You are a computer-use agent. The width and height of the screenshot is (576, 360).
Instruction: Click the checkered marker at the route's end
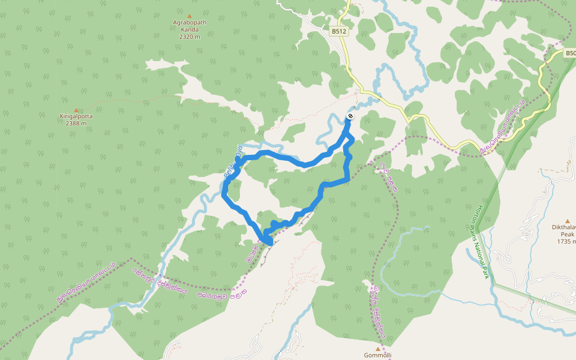[x=350, y=116]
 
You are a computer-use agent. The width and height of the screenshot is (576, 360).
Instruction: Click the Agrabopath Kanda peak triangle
[x=190, y=16]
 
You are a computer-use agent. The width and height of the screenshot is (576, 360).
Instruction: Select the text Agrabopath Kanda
[x=190, y=26]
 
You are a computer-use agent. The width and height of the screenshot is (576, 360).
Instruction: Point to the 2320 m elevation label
[x=190, y=37]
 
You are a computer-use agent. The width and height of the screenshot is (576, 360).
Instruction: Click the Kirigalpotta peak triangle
[x=76, y=110]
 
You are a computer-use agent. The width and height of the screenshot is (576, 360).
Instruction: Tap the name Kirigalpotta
[x=76, y=116]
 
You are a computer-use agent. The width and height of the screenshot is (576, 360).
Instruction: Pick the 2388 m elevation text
[x=76, y=124]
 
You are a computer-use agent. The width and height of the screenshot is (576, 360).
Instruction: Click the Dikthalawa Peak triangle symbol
[x=567, y=221]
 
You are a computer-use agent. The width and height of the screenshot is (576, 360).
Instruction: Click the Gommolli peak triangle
[x=378, y=348]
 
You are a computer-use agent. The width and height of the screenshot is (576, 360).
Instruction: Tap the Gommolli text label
[x=378, y=355]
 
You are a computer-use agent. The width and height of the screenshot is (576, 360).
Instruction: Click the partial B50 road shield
[x=570, y=53]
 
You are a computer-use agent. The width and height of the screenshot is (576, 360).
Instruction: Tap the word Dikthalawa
[x=565, y=227]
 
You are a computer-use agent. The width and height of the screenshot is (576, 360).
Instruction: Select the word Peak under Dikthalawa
[x=567, y=234]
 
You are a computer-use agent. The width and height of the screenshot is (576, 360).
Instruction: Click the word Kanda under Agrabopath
[x=190, y=29]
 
